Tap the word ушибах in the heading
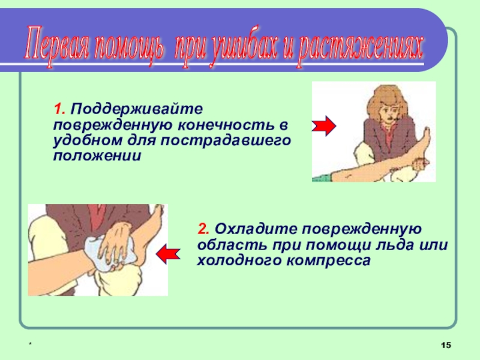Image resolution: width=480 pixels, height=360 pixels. (244, 47)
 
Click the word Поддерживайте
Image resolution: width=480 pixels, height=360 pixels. (137, 109)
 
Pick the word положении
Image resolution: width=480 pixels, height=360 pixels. (97, 156)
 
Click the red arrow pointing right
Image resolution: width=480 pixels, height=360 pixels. (324, 126)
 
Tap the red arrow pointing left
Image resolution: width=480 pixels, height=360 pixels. (168, 254)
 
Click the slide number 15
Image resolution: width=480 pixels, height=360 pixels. (446, 346)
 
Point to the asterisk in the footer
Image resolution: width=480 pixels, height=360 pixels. (30, 344)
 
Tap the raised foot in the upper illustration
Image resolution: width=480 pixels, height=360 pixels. (424, 144)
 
